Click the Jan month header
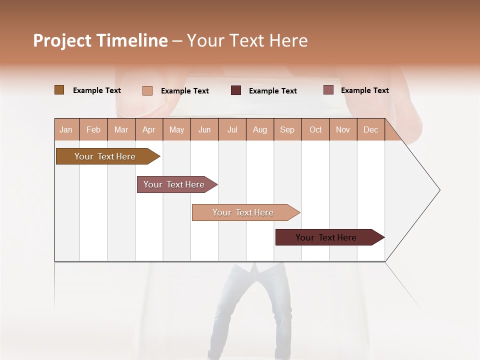pos(66,129)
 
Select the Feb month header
pos(93,129)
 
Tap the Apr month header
pos(148,129)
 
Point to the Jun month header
pos(204,129)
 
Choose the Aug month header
pos(259,129)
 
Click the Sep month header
pos(287,129)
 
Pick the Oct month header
pos(315,129)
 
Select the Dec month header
pos(370,129)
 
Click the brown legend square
pos(59,90)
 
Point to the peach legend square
pos(147,90)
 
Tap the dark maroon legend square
pos(236,90)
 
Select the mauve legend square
pos(328,90)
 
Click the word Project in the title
pos(62,40)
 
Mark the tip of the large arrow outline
pos(439,190)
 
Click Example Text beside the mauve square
pos(364,90)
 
